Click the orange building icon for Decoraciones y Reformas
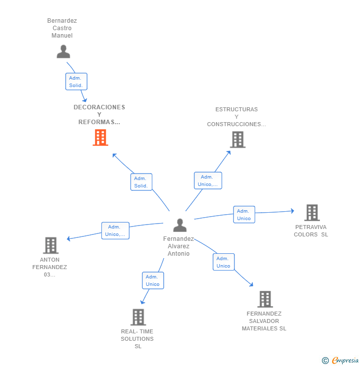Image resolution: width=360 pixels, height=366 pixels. tap(100, 137)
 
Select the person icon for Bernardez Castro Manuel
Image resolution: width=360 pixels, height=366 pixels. tap(63, 51)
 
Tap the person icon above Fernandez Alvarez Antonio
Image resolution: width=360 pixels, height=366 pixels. tap(180, 225)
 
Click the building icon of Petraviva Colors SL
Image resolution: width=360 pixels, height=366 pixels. tap(312, 213)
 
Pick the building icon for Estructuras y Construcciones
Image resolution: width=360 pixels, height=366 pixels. tap(238, 139)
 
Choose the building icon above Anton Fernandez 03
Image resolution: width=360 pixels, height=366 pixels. tap(50, 245)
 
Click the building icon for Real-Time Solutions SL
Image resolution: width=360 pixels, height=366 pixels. tap(138, 317)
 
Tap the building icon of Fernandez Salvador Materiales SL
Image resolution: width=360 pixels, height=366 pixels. tap(265, 299)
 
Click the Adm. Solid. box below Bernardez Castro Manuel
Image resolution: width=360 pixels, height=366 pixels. tap(76, 82)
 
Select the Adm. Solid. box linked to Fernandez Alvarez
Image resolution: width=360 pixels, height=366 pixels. tap(141, 182)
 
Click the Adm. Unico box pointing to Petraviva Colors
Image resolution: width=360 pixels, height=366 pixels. tap(244, 215)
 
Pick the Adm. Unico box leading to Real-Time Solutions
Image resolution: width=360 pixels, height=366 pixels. tap(153, 280)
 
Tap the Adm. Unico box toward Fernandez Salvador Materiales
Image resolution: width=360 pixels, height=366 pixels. tap(224, 262)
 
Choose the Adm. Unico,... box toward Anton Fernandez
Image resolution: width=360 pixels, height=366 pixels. tap(115, 230)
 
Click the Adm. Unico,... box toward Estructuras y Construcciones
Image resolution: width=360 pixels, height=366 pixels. tap(208, 181)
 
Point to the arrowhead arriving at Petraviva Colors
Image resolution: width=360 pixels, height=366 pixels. tap(293, 211)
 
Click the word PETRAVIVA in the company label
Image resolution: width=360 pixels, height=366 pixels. tap(311, 227)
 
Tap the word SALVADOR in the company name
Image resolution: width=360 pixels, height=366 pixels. tap(264, 321)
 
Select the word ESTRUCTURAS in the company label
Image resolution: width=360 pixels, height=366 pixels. tap(236, 109)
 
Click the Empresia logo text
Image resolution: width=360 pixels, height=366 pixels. tap(345, 361)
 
